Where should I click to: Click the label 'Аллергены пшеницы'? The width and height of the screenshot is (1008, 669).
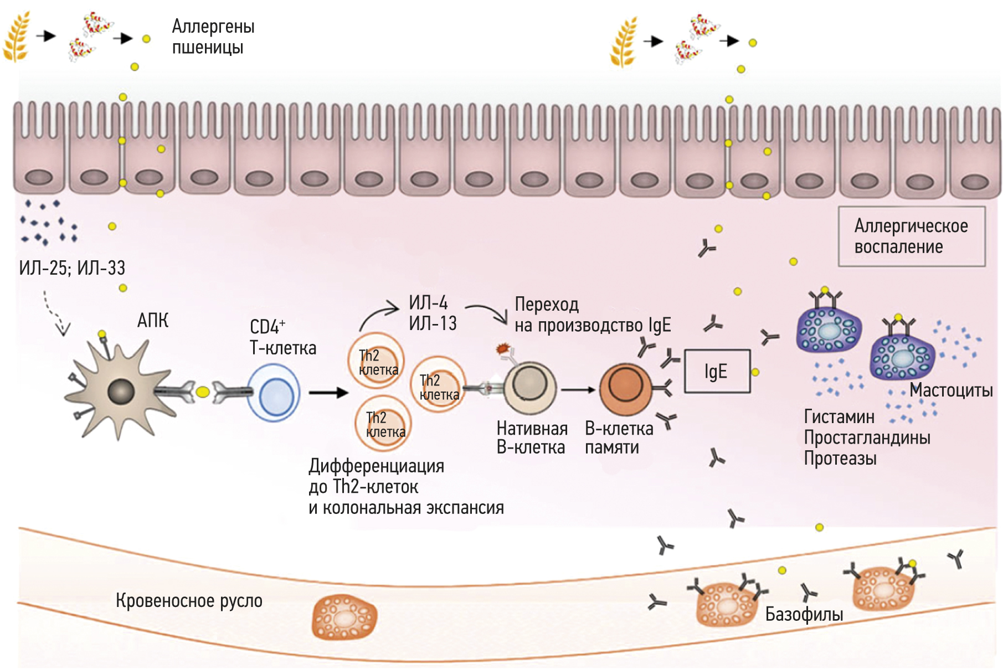(x=213, y=37)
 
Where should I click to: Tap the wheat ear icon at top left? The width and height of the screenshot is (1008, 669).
(x=16, y=37)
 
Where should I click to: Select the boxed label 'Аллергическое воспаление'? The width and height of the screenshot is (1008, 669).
(x=911, y=236)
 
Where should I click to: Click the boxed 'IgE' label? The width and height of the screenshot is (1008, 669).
(x=717, y=372)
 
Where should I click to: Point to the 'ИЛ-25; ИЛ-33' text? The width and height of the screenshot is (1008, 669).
(x=72, y=268)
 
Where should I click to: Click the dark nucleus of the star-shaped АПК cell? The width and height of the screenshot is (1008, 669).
(x=121, y=392)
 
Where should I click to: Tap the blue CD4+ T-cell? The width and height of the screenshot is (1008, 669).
(x=274, y=393)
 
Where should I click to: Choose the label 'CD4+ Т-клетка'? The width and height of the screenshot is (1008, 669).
(x=282, y=337)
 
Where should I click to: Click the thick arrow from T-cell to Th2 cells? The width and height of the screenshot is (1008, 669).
(x=328, y=393)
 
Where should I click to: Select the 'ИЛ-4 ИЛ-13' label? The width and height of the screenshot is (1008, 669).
(x=433, y=313)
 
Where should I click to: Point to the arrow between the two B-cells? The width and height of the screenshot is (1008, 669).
(x=578, y=389)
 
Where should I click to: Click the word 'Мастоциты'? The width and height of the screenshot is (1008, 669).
(x=951, y=390)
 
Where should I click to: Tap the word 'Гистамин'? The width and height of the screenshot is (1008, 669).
(x=839, y=416)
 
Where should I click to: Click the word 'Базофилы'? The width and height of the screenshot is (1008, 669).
(x=804, y=614)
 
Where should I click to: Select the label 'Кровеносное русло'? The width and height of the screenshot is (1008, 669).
(x=189, y=601)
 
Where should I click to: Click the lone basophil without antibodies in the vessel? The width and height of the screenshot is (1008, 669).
(x=344, y=617)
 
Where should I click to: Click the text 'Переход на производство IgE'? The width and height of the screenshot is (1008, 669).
(x=593, y=315)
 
